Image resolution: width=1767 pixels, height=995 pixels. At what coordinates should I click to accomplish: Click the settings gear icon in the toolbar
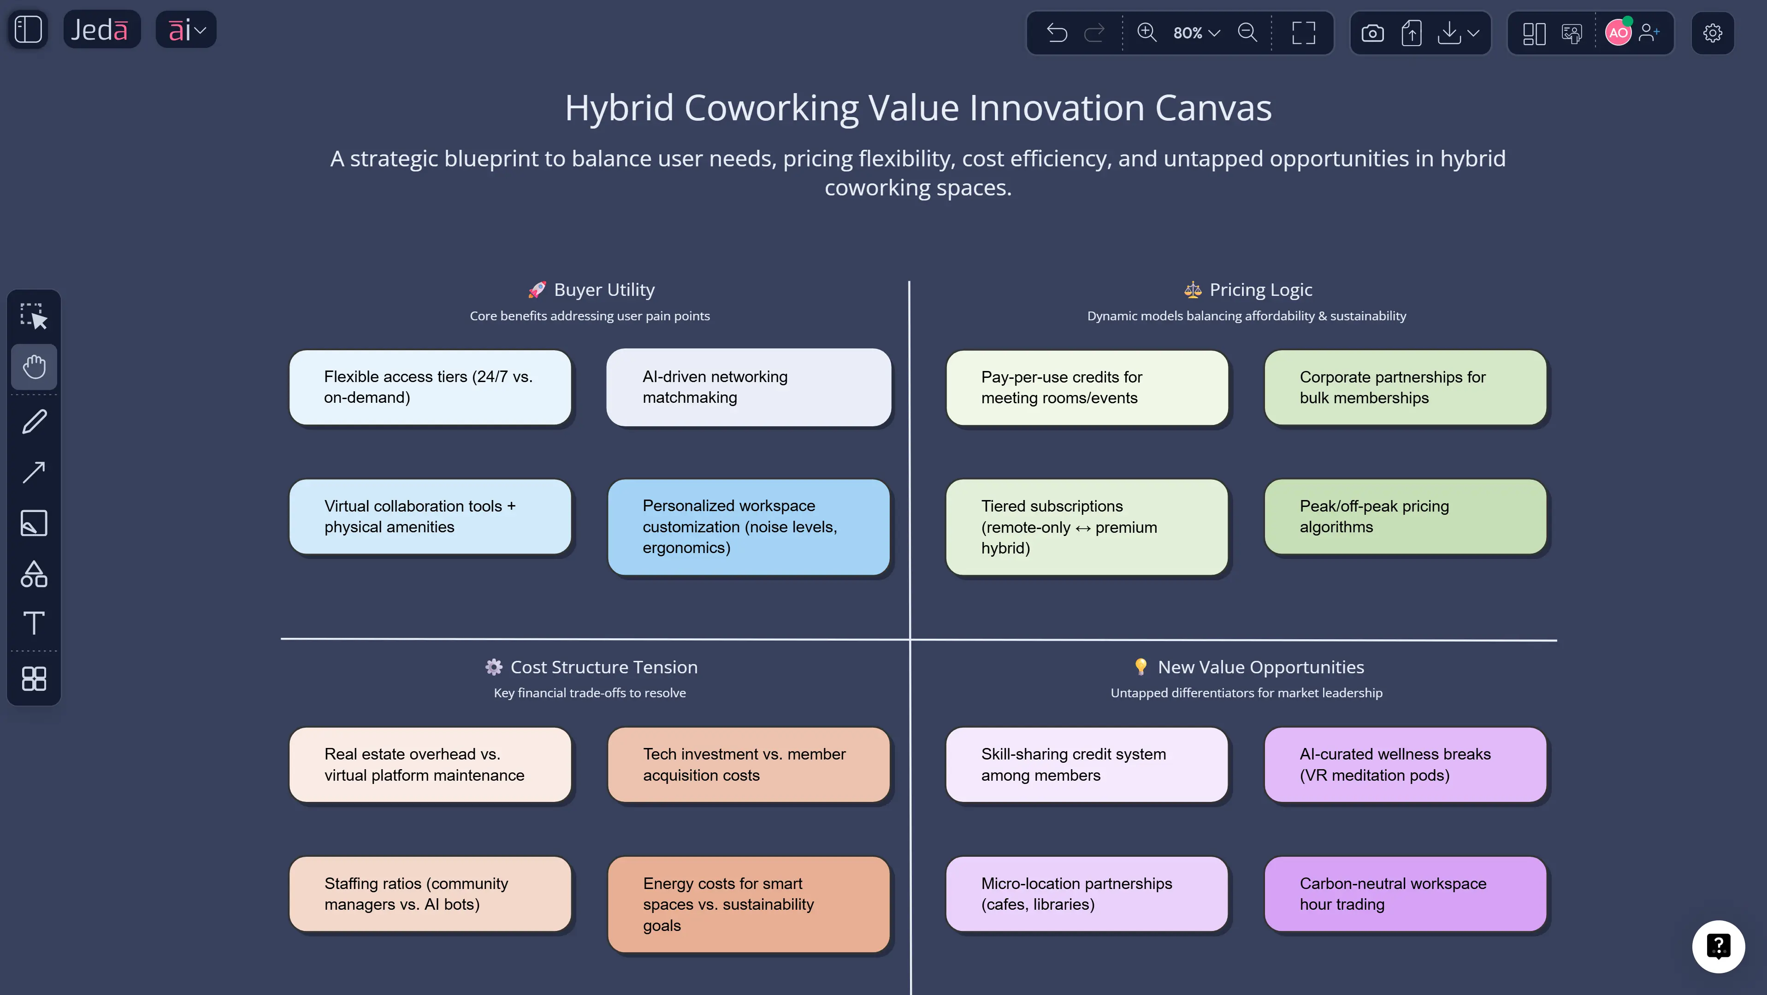coord(1712,33)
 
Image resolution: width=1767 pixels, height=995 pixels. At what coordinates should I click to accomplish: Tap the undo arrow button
coord(1057,33)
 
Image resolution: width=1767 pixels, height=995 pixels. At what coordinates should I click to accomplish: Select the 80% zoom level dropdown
coord(1196,33)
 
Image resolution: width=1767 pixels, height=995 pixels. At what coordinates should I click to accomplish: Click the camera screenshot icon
coord(1372,33)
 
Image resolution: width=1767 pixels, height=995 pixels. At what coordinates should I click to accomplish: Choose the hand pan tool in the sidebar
coord(34,367)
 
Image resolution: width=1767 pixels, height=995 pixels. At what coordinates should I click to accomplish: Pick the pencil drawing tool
coord(34,421)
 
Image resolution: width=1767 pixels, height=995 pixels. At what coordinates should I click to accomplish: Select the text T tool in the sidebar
coord(34,623)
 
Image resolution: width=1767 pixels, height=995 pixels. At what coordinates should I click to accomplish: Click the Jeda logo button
coord(101,29)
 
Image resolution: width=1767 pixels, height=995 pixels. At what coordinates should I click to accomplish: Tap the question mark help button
coord(1718,946)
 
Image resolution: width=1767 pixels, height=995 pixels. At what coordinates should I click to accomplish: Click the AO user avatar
coord(1618,33)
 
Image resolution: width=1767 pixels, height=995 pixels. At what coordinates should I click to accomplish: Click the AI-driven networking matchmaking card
coord(748,388)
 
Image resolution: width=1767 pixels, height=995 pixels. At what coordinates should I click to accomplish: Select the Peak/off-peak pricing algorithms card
coord(1405,516)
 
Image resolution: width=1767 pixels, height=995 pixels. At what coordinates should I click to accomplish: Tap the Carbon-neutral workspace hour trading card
coord(1405,894)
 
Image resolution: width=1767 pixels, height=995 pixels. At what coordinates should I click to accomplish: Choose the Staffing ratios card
coord(430,894)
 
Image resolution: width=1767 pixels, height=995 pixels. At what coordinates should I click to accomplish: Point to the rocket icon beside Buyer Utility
coord(537,290)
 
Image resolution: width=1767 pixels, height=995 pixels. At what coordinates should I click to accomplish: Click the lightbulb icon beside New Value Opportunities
coord(1140,666)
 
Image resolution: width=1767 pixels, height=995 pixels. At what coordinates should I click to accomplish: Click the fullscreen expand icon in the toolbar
coord(1303,33)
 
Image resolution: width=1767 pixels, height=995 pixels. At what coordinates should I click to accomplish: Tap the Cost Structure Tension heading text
coord(603,667)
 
